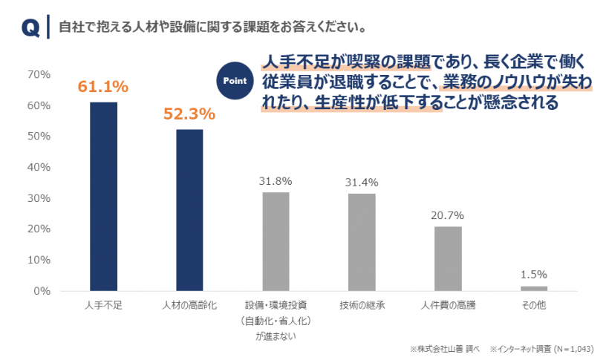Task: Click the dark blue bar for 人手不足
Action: click(103, 196)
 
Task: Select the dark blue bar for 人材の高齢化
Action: click(189, 210)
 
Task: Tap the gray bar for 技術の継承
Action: click(362, 242)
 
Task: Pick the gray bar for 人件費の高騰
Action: click(448, 258)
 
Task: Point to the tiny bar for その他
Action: click(534, 288)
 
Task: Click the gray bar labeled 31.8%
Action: click(276, 241)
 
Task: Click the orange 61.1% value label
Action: click(103, 87)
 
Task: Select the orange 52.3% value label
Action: click(189, 114)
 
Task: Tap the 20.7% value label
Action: click(448, 215)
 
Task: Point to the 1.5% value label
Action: click(534, 275)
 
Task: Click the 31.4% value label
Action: click(362, 182)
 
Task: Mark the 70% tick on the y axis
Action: click(38, 74)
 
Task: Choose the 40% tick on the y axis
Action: click(38, 167)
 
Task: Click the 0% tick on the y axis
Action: click(41, 291)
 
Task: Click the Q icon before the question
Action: click(30, 27)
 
